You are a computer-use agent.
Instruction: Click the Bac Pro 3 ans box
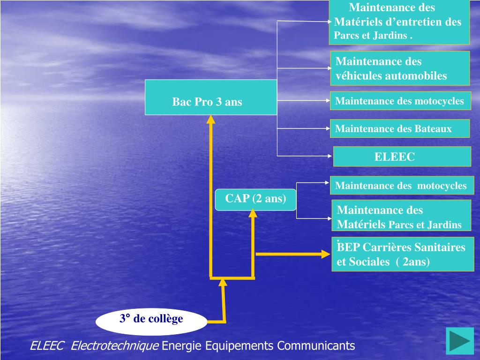pos(211,97)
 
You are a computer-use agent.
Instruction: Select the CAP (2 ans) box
pos(255,200)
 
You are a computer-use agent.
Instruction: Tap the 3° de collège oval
pos(151,322)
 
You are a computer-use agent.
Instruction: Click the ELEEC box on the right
pos(402,157)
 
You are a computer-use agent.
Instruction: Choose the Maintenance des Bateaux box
pos(399,128)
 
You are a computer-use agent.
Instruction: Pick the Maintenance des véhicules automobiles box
pos(400,68)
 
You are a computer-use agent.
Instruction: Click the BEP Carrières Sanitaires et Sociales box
pos(402,254)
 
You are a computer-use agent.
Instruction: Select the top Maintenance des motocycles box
pos(400,101)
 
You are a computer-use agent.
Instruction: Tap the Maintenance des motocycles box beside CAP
pos(402,186)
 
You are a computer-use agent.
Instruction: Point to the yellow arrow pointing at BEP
pos(293,254)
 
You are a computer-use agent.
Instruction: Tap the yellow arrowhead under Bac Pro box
pos(211,120)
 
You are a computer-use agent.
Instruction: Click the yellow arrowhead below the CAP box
pos(253,213)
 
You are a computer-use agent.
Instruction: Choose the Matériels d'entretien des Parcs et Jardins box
pos(399,22)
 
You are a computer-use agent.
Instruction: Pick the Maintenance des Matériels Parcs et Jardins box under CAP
pos(401,217)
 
